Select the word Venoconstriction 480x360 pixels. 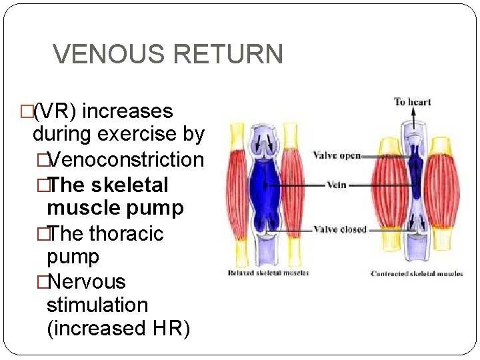126,160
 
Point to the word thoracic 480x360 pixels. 126,234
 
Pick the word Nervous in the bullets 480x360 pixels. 86,282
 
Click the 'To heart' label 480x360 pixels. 412,102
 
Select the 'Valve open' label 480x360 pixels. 336,156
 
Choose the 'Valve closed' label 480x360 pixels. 339,229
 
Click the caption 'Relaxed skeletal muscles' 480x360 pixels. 268,273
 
